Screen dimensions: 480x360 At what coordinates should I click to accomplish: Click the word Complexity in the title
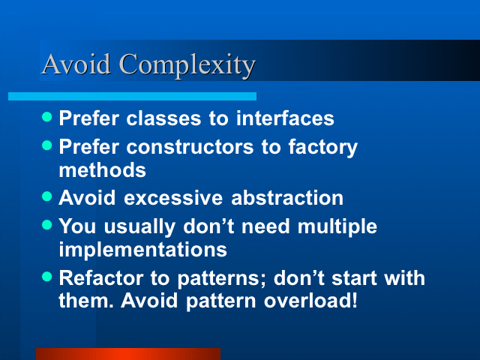[x=187, y=65]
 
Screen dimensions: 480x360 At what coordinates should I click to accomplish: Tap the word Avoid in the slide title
[x=76, y=64]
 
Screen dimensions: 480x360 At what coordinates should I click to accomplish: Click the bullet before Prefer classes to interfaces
[x=46, y=117]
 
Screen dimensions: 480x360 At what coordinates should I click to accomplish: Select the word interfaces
[x=285, y=118]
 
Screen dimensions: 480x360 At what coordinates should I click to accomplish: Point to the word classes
[x=163, y=118]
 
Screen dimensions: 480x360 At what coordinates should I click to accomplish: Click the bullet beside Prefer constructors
[x=46, y=145]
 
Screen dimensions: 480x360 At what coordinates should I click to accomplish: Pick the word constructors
[x=190, y=147]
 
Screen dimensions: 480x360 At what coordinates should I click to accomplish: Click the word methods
[x=102, y=170]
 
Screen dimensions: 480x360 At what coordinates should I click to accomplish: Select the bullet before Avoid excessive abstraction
[x=46, y=196]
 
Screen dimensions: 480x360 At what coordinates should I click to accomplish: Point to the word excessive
[x=173, y=198]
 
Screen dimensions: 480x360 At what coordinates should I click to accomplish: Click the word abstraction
[x=287, y=197]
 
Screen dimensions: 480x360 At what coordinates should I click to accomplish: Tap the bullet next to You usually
[x=46, y=225]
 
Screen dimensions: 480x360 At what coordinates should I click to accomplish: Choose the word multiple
[x=337, y=227]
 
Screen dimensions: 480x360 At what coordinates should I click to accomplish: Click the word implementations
[x=143, y=250]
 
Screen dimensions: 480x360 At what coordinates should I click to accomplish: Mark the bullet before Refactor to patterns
[x=46, y=277]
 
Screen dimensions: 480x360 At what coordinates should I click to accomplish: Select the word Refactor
[x=101, y=278]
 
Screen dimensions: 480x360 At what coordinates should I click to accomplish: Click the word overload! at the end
[x=310, y=300]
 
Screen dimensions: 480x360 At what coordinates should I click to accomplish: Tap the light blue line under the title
[x=132, y=97]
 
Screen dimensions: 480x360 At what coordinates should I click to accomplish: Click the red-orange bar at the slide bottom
[x=128, y=354]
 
